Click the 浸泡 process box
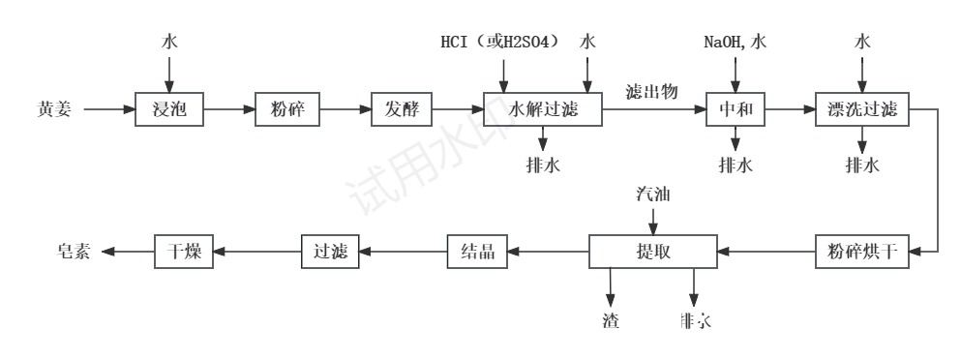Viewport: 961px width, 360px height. pyautogui.click(x=168, y=109)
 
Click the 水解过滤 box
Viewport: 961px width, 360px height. pyautogui.click(x=542, y=109)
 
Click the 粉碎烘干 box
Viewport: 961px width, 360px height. pyautogui.click(x=862, y=252)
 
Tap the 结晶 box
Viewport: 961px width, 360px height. pyautogui.click(x=477, y=252)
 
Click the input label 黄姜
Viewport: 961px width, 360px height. pyautogui.click(x=52, y=109)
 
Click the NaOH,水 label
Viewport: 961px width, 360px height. pyautogui.click(x=736, y=43)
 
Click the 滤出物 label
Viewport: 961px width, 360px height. pyautogui.click(x=651, y=93)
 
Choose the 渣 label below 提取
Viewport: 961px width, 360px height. pyautogui.click(x=611, y=319)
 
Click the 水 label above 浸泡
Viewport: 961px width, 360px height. pyautogui.click(x=169, y=43)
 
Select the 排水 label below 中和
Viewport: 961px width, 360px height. pyautogui.click(x=736, y=165)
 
